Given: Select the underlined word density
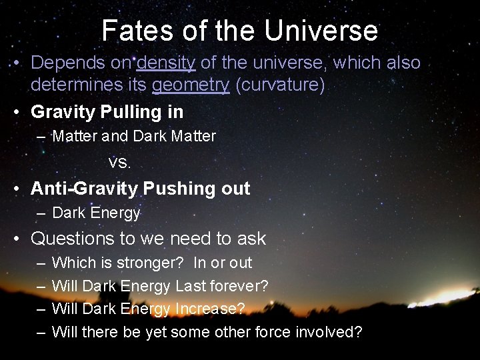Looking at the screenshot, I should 166,63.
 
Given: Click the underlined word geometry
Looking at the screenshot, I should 191,86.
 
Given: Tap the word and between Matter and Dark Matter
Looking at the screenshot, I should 115,137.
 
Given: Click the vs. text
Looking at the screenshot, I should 120,163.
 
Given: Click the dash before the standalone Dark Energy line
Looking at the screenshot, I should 41,213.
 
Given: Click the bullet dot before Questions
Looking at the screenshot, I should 18,239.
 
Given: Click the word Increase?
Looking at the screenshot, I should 210,309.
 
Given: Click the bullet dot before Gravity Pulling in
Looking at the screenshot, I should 18,112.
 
